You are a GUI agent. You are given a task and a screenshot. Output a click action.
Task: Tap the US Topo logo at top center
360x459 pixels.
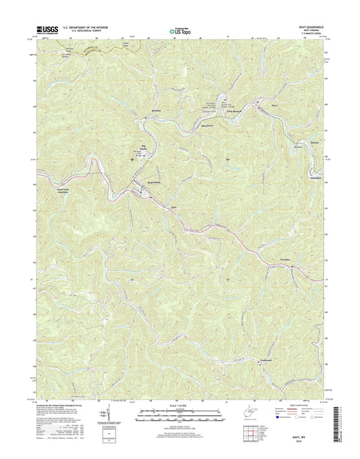(x=180, y=30)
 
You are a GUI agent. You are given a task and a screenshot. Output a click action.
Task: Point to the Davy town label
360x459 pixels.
(x=274, y=105)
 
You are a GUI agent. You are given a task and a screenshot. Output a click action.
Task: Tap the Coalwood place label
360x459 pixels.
(x=270, y=360)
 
